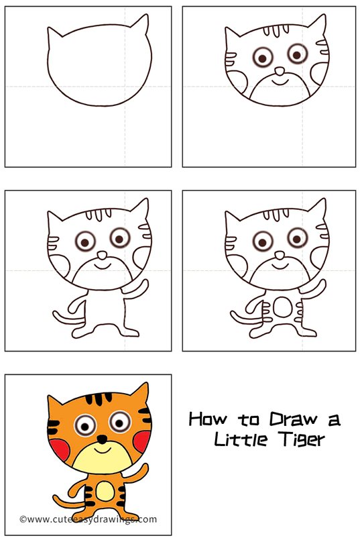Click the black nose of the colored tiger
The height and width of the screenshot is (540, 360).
(x=102, y=439)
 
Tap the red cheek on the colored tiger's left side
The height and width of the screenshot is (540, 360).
(x=59, y=449)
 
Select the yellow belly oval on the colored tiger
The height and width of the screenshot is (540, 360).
(x=105, y=491)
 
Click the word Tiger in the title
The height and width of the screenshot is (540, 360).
(x=303, y=439)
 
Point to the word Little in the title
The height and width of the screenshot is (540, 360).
(x=240, y=439)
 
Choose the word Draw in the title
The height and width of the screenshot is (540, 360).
(x=293, y=419)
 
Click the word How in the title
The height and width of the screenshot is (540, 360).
(x=208, y=419)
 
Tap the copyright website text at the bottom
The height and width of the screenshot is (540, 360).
(x=88, y=519)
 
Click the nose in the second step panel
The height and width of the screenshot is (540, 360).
(x=280, y=71)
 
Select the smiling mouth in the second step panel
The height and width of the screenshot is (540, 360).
(x=280, y=82)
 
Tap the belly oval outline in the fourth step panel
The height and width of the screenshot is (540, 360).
(x=282, y=307)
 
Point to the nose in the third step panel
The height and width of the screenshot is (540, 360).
(x=102, y=255)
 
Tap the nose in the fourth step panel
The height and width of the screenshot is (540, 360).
(x=280, y=255)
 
